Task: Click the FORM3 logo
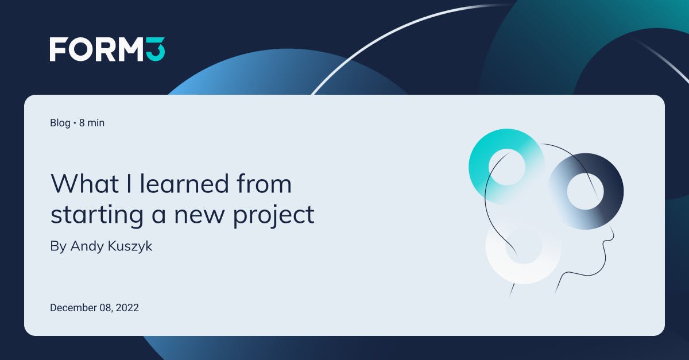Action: click(107, 49)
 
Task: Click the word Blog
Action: click(60, 122)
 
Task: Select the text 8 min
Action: click(92, 122)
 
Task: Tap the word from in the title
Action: click(265, 184)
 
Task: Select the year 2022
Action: click(127, 308)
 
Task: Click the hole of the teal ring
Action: click(507, 167)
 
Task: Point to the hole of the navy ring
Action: click(585, 191)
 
